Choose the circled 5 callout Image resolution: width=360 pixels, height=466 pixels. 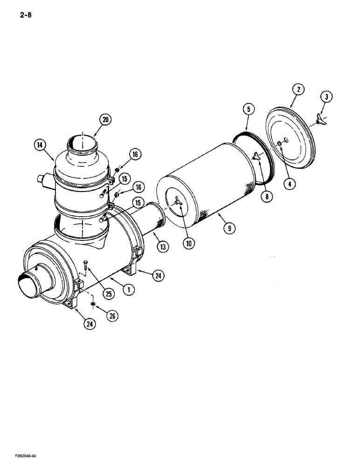tap(248, 110)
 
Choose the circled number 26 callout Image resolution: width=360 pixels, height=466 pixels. tap(111, 316)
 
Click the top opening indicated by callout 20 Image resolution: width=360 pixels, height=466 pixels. tap(82, 143)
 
